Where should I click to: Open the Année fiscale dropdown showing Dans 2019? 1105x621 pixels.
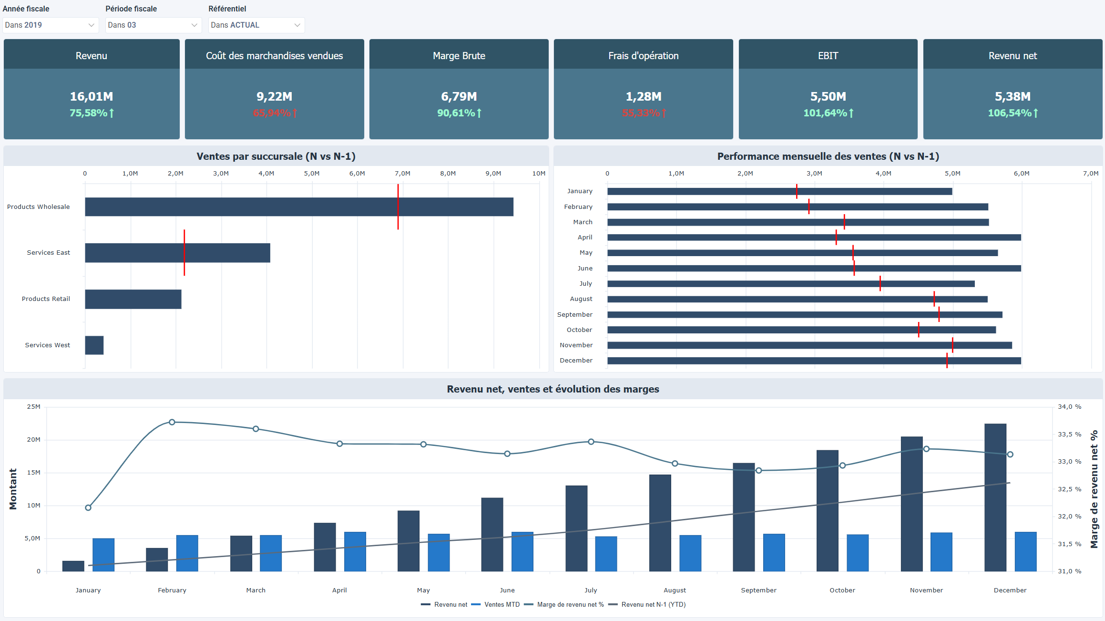point(50,25)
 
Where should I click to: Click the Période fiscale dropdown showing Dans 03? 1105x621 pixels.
point(153,25)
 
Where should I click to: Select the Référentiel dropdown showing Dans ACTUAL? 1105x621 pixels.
point(256,25)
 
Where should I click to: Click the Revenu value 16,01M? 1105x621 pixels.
point(92,97)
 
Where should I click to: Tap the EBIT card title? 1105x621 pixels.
point(828,56)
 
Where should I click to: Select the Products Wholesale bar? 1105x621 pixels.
point(299,207)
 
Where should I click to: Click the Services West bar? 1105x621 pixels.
point(94,345)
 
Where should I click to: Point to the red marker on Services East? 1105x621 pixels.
point(184,253)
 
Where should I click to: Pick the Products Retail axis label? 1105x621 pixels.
point(46,299)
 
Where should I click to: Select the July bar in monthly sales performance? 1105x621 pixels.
point(790,284)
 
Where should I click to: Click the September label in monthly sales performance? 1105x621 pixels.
point(574,315)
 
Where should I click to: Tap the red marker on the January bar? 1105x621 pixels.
point(797,191)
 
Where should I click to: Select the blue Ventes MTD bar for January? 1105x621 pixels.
point(103,555)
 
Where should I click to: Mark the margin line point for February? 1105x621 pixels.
point(172,422)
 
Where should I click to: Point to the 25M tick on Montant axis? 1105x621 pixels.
point(33,407)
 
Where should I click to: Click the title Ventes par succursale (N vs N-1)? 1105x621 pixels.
point(276,156)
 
